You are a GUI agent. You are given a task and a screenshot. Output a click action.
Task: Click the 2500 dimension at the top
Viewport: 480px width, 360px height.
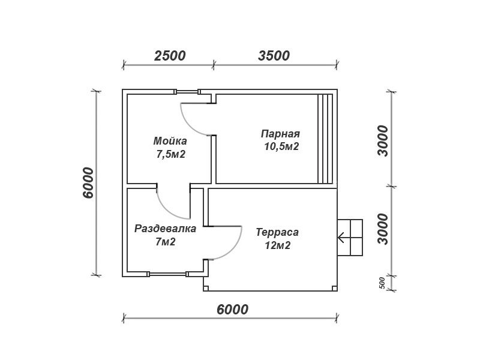pyautogui.click(x=170, y=56)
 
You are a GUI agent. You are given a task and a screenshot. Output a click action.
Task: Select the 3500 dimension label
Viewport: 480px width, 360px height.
pyautogui.click(x=274, y=56)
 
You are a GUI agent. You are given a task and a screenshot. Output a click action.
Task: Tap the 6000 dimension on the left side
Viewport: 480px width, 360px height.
pyautogui.click(x=88, y=183)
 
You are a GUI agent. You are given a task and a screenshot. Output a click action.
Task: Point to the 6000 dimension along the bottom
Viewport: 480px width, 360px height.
pyautogui.click(x=232, y=310)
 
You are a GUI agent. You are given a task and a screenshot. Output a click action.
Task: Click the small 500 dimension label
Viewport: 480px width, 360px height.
pyautogui.click(x=382, y=283)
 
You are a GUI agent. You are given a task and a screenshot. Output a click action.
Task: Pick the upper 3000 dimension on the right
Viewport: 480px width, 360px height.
pyautogui.click(x=383, y=141)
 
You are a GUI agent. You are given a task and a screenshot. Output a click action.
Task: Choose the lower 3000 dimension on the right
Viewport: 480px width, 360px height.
pyautogui.click(x=383, y=229)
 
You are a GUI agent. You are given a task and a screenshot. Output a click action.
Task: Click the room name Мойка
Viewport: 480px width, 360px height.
pyautogui.click(x=170, y=141)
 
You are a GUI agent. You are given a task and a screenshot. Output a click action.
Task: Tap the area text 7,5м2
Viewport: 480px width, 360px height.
pyautogui.click(x=171, y=154)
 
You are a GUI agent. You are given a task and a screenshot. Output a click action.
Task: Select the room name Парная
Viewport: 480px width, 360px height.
pyautogui.click(x=280, y=134)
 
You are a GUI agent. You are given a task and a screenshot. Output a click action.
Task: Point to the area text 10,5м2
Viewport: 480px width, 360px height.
pyautogui.click(x=281, y=146)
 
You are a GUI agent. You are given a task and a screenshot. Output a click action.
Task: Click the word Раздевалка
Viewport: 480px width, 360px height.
pyautogui.click(x=166, y=229)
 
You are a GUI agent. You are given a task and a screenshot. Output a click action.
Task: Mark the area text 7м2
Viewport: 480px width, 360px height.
pyautogui.click(x=166, y=242)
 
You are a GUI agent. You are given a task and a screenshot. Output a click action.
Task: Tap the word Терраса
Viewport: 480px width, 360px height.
pyautogui.click(x=277, y=232)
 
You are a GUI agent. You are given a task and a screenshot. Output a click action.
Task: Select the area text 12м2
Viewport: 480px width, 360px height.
pyautogui.click(x=278, y=245)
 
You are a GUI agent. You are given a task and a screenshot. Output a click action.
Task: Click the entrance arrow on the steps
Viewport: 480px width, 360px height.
pyautogui.click(x=341, y=237)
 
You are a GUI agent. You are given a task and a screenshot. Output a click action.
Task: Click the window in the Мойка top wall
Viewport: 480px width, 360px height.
pyautogui.click(x=187, y=92)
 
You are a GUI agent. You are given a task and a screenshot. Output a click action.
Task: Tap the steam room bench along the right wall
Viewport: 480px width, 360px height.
pyautogui.click(x=325, y=139)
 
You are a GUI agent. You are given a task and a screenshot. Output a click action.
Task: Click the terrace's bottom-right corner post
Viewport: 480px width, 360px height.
pyautogui.click(x=335, y=288)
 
